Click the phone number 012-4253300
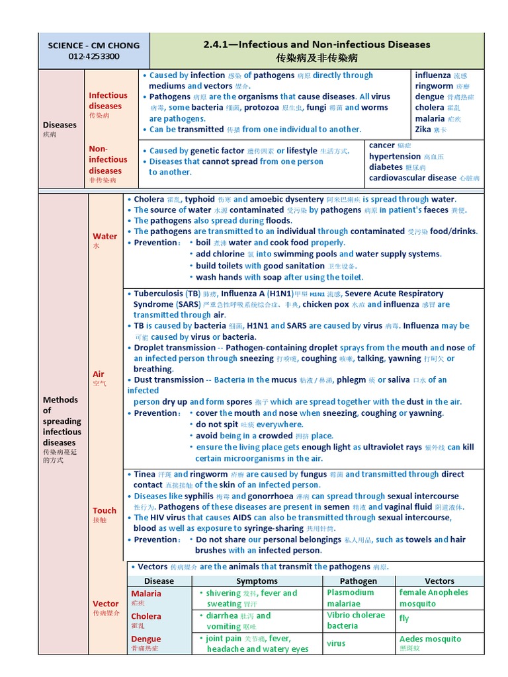(x=94, y=56)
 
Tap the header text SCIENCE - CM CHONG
(x=94, y=46)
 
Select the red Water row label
(x=105, y=236)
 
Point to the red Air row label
(x=99, y=374)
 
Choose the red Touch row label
(x=105, y=510)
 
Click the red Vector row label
(x=106, y=604)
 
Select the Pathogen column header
(x=358, y=580)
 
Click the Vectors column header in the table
(x=439, y=580)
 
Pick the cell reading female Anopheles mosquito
(x=433, y=598)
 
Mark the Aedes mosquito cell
(x=430, y=639)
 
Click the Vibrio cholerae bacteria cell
(x=355, y=620)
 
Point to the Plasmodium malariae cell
(x=350, y=598)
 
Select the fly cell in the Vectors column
(x=404, y=618)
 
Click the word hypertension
(x=394, y=157)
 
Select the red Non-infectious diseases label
(x=108, y=159)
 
